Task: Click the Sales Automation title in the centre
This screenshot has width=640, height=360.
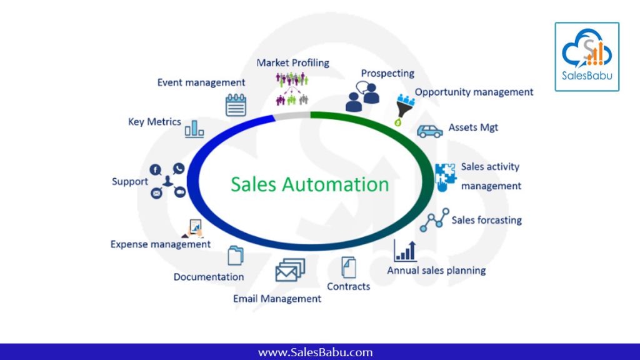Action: point(310,184)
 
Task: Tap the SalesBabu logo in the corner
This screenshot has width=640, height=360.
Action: point(587,57)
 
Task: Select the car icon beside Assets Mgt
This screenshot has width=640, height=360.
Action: point(430,131)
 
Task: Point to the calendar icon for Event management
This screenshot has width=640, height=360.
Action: point(236,105)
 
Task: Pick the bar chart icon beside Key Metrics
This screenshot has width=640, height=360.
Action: point(194,129)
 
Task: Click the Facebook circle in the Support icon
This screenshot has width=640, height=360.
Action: point(155,169)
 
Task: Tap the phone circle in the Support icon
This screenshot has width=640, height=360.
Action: point(179,168)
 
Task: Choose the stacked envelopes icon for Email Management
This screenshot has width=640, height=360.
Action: point(290,270)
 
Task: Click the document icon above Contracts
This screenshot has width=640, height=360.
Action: point(349,267)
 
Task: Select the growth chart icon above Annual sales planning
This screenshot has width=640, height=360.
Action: point(405,251)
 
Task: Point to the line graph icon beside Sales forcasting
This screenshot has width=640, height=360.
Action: point(435,220)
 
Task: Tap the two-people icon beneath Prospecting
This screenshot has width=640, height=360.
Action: point(363,97)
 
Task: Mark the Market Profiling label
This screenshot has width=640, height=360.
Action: point(292,63)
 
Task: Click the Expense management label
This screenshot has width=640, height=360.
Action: point(161,244)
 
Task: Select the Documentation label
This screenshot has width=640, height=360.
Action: point(209,277)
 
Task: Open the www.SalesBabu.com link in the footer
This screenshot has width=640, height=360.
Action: point(316,352)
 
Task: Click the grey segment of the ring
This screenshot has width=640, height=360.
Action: point(292,116)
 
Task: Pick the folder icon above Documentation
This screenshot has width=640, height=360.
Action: point(236,256)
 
